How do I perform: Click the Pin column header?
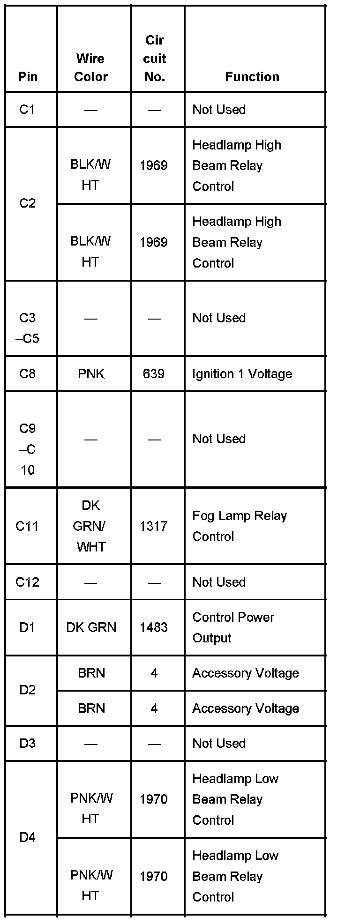click(28, 76)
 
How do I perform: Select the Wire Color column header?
click(91, 67)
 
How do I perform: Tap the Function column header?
click(252, 76)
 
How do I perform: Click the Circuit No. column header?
click(155, 59)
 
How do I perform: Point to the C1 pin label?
click(27, 109)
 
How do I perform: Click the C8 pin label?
click(27, 373)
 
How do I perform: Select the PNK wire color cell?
click(91, 373)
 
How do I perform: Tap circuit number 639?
click(154, 373)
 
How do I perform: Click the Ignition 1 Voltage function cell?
click(242, 373)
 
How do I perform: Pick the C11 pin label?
click(27, 526)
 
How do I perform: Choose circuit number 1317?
click(154, 526)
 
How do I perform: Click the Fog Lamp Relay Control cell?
click(239, 526)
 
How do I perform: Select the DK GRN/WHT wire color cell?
click(90, 526)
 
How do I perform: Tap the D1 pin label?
click(27, 627)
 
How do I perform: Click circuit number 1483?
click(154, 627)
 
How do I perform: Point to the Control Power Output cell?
click(233, 627)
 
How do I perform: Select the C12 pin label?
click(27, 582)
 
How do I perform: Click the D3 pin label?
click(27, 743)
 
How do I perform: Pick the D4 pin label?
click(27, 837)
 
